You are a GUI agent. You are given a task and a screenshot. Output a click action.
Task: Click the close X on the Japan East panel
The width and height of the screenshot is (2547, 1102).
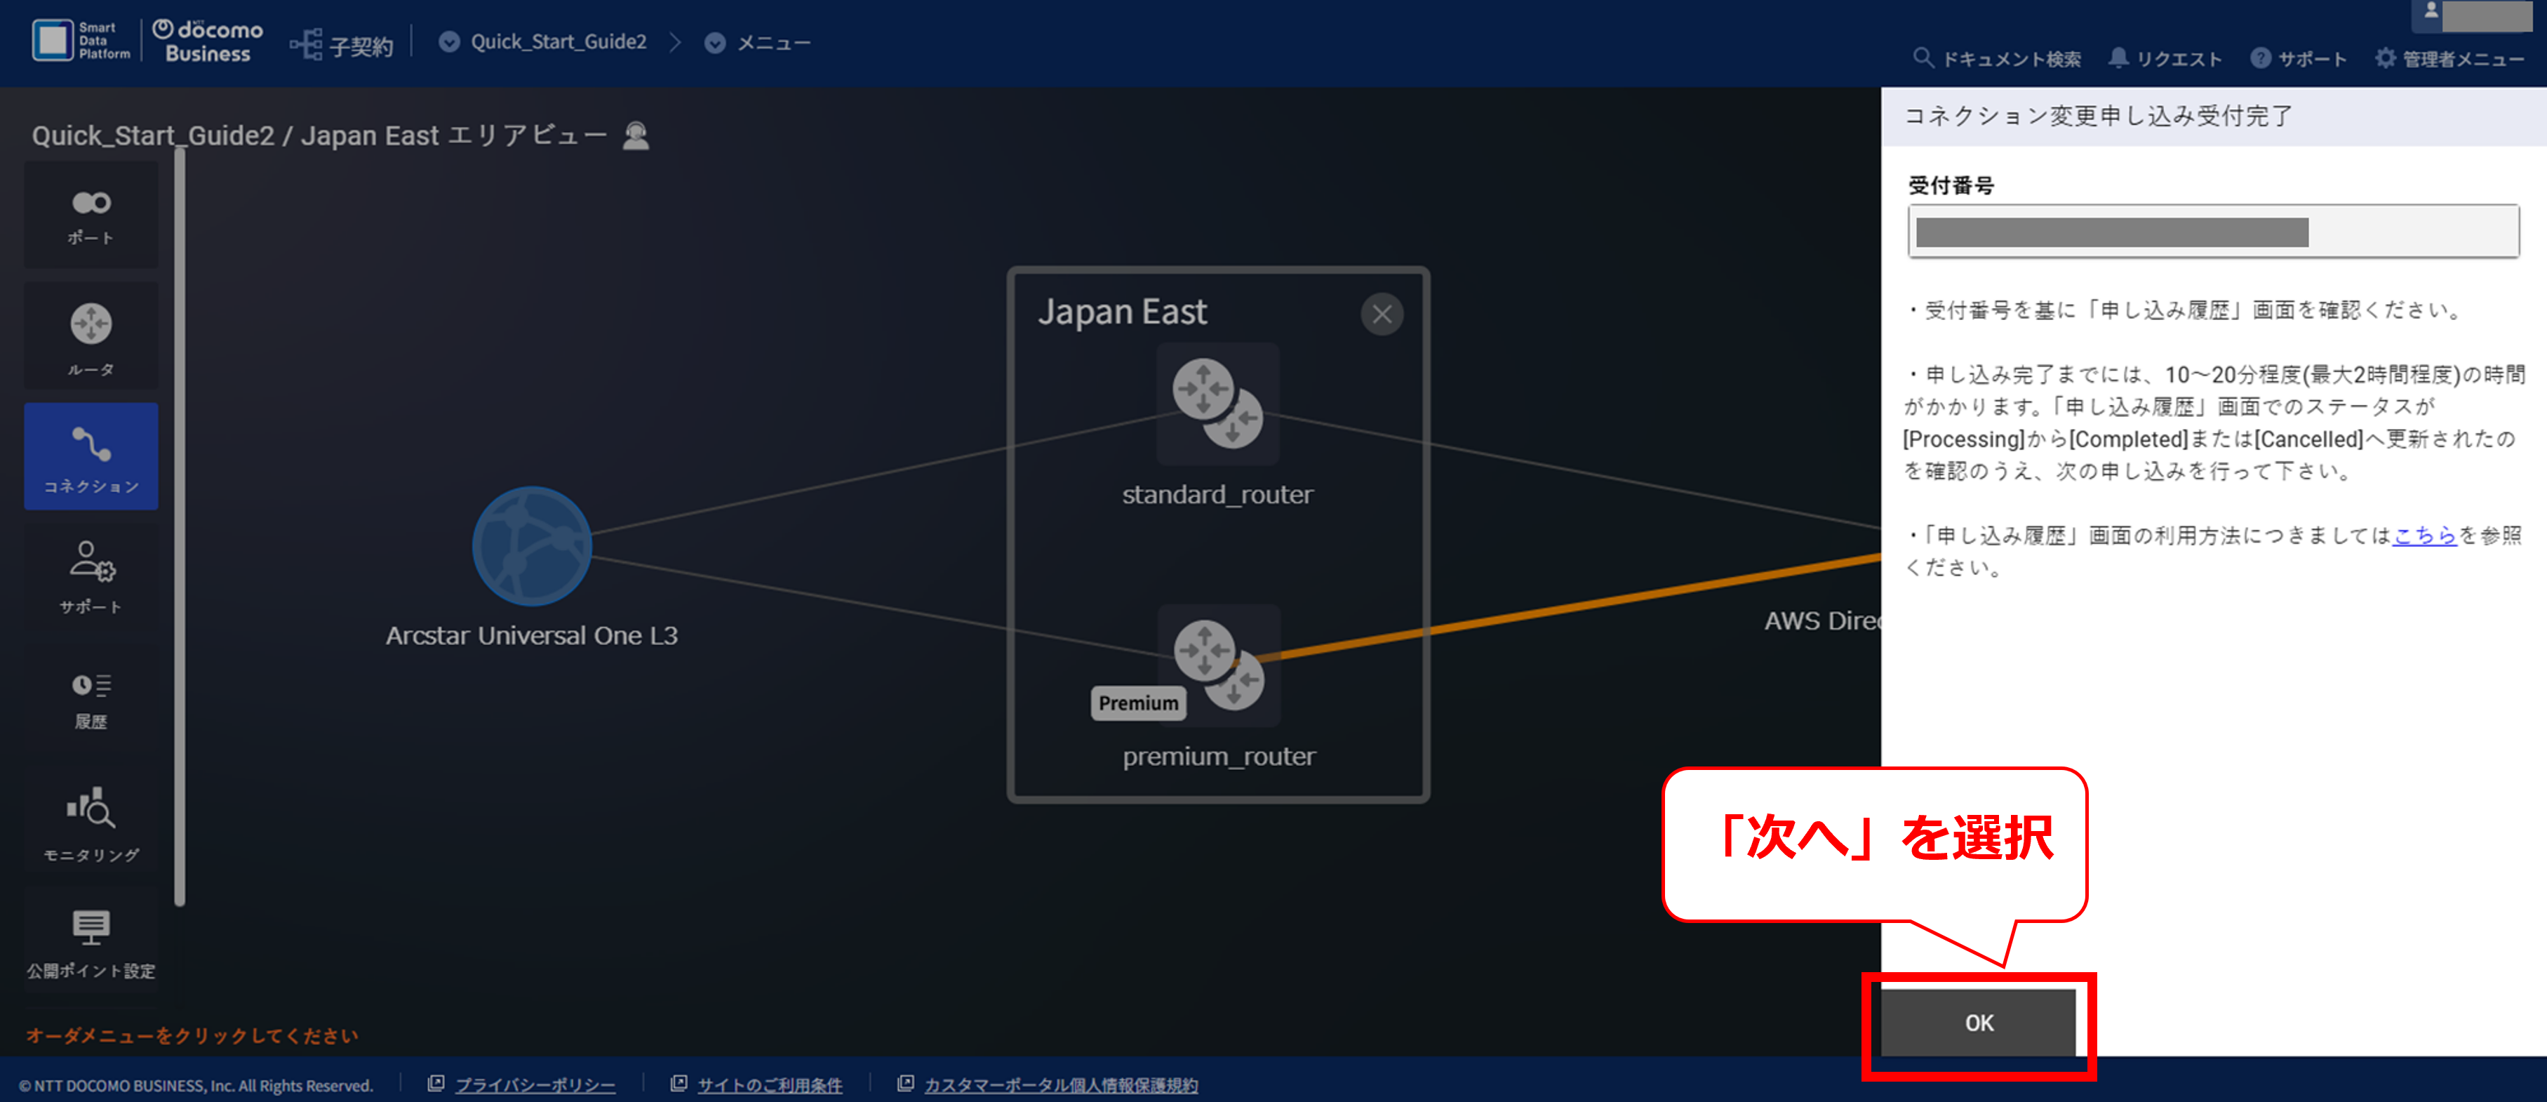pyautogui.click(x=1382, y=314)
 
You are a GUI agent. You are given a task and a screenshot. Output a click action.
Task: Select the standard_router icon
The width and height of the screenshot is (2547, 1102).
pyautogui.click(x=1217, y=404)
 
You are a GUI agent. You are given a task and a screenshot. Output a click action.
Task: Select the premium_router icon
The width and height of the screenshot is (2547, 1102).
pyautogui.click(x=1218, y=665)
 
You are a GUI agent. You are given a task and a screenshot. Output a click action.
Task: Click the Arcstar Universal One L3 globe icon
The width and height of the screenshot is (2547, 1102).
pyautogui.click(x=532, y=545)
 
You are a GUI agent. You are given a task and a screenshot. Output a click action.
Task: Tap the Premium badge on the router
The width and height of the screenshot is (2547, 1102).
pyautogui.click(x=1138, y=703)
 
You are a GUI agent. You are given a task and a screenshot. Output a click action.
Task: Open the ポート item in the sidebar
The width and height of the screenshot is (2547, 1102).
pyautogui.click(x=91, y=215)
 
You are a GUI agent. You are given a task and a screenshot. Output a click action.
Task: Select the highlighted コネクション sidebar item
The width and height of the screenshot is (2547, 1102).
pyautogui.click(x=91, y=456)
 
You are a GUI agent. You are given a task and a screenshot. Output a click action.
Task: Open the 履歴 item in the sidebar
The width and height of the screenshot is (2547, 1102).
pyautogui.click(x=91, y=699)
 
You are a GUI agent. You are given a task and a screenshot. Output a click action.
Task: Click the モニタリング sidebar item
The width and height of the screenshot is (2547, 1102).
pyautogui.click(x=91, y=823)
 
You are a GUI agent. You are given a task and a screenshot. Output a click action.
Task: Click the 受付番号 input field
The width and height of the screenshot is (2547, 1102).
pyautogui.click(x=2213, y=232)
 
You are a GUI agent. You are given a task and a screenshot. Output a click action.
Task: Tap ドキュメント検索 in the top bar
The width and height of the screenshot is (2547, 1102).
pyautogui.click(x=1998, y=58)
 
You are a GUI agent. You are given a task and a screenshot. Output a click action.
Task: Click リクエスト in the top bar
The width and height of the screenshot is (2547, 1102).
pyautogui.click(x=2165, y=58)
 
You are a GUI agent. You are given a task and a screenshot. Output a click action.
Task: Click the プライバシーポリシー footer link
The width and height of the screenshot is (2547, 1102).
pyautogui.click(x=534, y=1085)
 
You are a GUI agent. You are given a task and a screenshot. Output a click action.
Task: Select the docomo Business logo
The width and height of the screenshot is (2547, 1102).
pyautogui.click(x=208, y=41)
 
